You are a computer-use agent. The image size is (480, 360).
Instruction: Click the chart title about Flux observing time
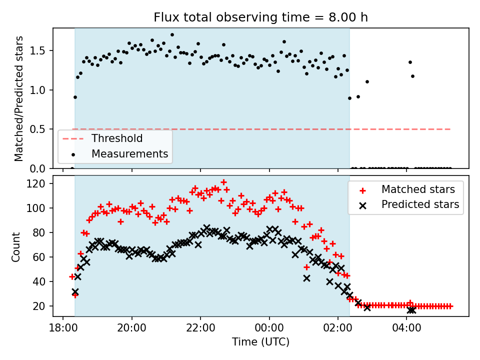click(260, 18)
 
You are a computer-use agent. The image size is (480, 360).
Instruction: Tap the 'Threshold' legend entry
click(116, 138)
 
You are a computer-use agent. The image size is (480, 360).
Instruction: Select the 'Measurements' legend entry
click(129, 154)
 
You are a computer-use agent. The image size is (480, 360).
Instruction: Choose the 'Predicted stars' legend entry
click(420, 204)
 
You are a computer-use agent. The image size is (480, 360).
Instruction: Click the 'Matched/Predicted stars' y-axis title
click(19, 98)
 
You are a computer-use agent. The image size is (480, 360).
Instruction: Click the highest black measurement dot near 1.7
click(172, 35)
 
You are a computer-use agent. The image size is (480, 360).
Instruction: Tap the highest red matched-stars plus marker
click(223, 182)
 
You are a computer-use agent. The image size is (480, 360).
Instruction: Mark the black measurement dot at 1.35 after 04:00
click(410, 62)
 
